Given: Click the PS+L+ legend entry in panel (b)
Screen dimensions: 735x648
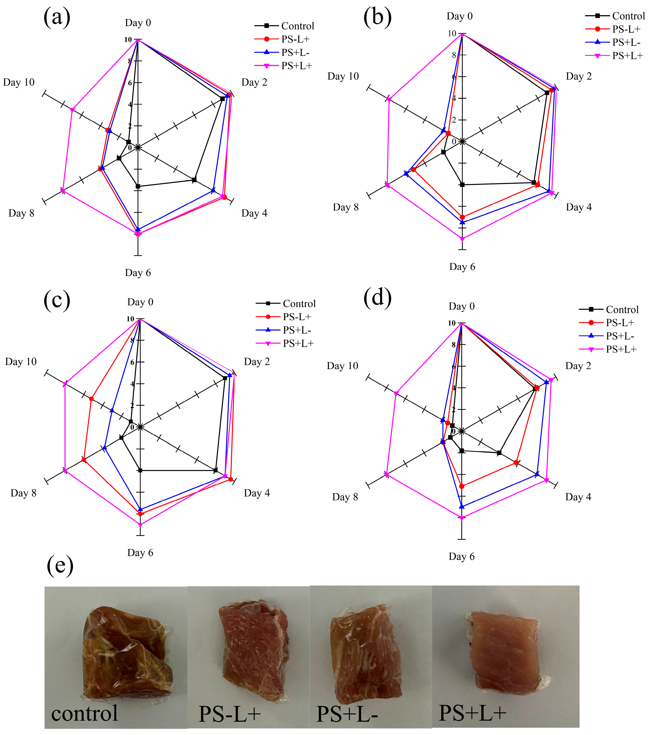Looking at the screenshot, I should point(627,55).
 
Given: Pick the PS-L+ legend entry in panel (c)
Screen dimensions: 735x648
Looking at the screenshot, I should point(297,317).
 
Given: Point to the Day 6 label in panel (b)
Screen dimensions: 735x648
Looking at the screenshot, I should point(462,267).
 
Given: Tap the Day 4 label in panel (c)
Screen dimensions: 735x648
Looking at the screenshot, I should point(257,493).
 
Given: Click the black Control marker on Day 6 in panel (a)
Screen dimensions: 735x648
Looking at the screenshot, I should point(138,186).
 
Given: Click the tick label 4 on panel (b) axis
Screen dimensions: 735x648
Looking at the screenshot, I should point(454,98).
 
